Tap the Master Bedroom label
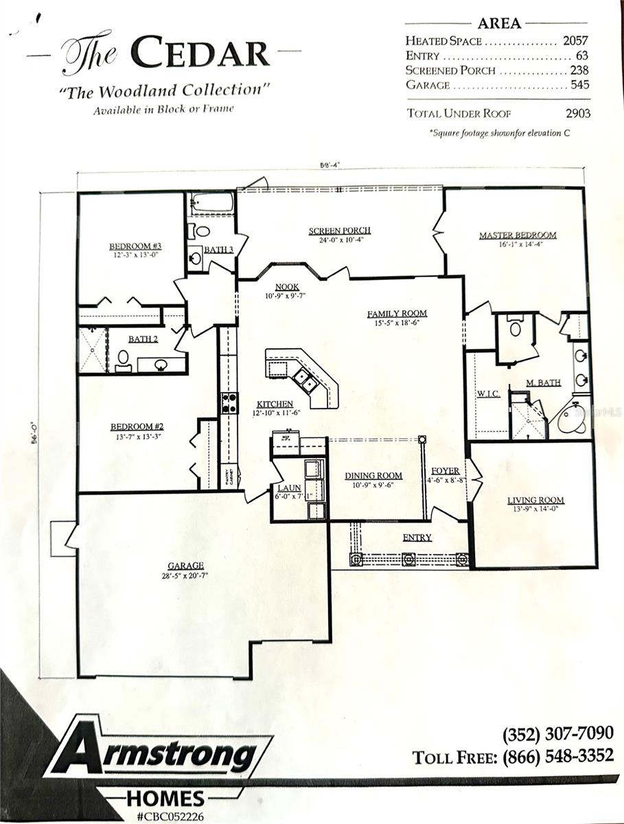[518, 236]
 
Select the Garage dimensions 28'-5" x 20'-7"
[184, 576]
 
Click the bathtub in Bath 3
[211, 203]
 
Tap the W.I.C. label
[487, 394]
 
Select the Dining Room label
[373, 475]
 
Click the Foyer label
[445, 471]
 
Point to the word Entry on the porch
[417, 538]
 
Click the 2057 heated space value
[575, 41]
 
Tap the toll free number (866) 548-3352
[557, 756]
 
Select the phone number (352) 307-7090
[557, 733]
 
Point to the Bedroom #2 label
[137, 426]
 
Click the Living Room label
[535, 500]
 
